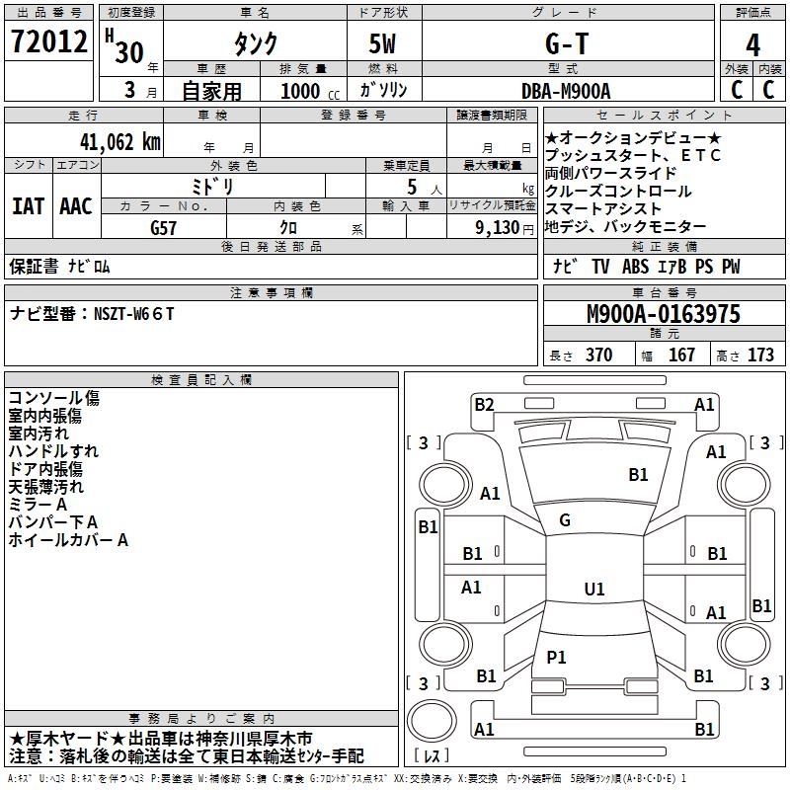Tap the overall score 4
click(753, 44)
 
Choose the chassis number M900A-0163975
click(664, 314)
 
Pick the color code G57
click(164, 226)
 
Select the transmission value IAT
click(28, 206)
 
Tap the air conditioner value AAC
click(76, 206)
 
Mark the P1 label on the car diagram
click(556, 657)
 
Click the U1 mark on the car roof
click(593, 590)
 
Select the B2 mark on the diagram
click(484, 404)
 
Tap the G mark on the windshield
click(565, 520)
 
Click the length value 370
click(598, 355)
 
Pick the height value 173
click(761, 355)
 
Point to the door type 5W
click(383, 44)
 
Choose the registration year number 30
click(129, 52)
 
